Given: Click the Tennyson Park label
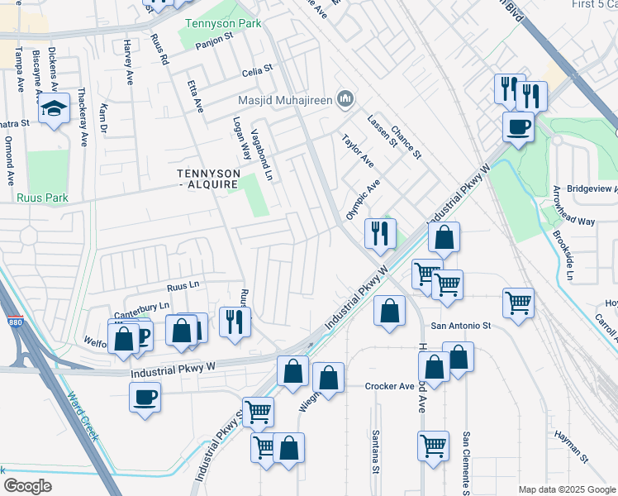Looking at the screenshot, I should (216, 24).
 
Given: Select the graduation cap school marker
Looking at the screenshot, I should (54, 109).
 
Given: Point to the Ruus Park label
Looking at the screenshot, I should (42, 198).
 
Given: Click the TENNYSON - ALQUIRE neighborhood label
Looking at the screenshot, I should (208, 179).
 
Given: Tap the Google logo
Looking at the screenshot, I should (27, 485).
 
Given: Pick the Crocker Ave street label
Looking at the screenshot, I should (389, 386).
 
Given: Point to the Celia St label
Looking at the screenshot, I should (257, 72).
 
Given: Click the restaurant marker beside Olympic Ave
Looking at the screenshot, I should (381, 233).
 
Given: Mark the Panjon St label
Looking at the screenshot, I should (210, 42).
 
